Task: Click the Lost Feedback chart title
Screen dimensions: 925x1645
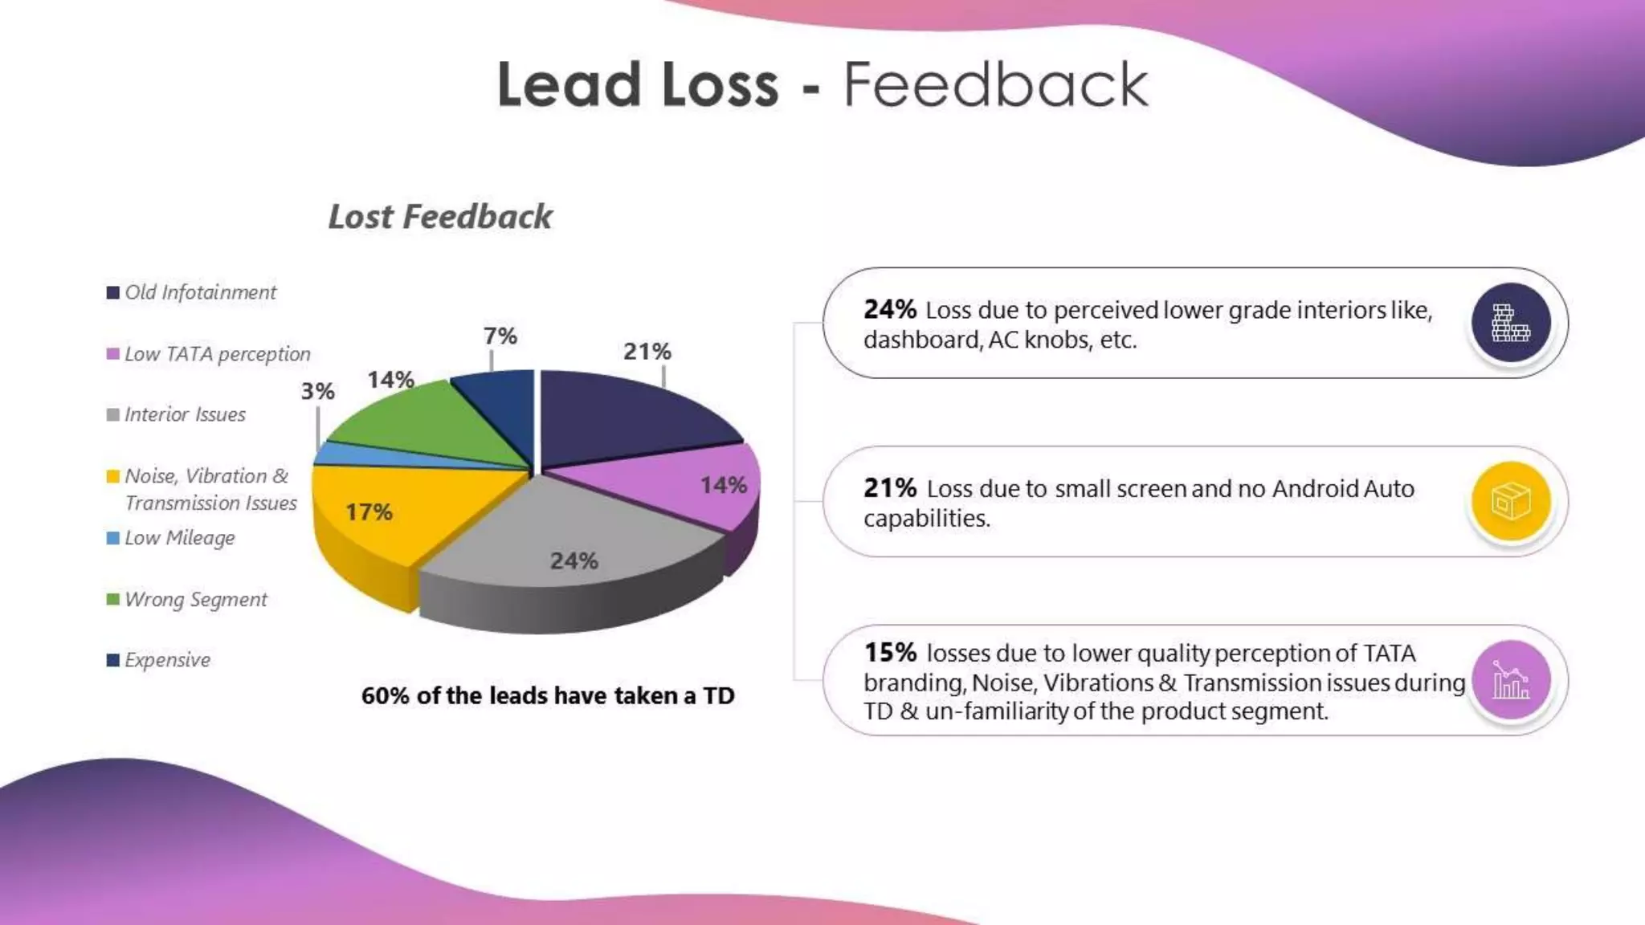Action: (x=440, y=217)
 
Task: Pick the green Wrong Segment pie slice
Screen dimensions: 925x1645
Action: (x=418, y=422)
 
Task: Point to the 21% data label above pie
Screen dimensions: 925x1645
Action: (x=647, y=352)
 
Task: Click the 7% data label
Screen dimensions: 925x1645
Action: (x=500, y=336)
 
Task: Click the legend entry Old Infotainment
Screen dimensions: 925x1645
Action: (x=200, y=292)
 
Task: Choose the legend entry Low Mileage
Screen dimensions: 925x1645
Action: (x=179, y=538)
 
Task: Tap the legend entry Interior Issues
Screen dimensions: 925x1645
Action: (x=185, y=415)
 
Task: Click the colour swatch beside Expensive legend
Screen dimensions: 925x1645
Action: (x=113, y=660)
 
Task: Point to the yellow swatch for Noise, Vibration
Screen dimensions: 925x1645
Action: (x=113, y=476)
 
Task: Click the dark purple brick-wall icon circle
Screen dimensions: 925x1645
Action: (x=1510, y=323)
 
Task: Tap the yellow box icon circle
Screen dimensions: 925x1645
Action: (x=1510, y=501)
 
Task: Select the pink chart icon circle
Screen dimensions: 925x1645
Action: (x=1510, y=680)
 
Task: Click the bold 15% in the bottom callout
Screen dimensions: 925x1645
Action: (x=890, y=653)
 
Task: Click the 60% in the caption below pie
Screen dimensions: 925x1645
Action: (x=385, y=696)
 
